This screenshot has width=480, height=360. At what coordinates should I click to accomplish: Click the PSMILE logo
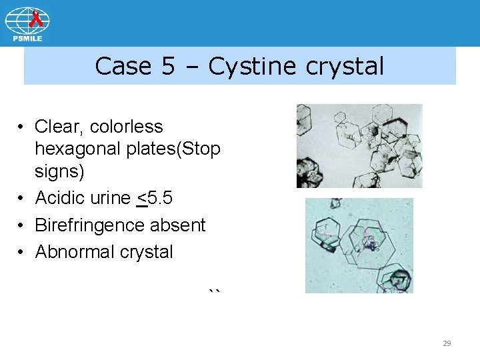pyautogui.click(x=27, y=24)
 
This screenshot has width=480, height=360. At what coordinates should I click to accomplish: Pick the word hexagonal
pyautogui.click(x=83, y=149)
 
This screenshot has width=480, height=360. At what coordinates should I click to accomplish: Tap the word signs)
pyautogui.click(x=59, y=172)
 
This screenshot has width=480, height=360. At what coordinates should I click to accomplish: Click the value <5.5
pyautogui.click(x=154, y=198)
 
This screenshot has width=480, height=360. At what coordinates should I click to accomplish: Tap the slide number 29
pyautogui.click(x=447, y=343)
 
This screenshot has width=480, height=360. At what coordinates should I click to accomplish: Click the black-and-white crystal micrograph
pyautogui.click(x=359, y=146)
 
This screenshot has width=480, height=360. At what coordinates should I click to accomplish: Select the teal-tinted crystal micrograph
pyautogui.click(x=359, y=245)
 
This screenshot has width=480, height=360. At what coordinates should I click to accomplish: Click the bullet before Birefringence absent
pyautogui.click(x=22, y=225)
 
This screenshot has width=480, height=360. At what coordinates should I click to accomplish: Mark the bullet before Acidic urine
pyautogui.click(x=22, y=198)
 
